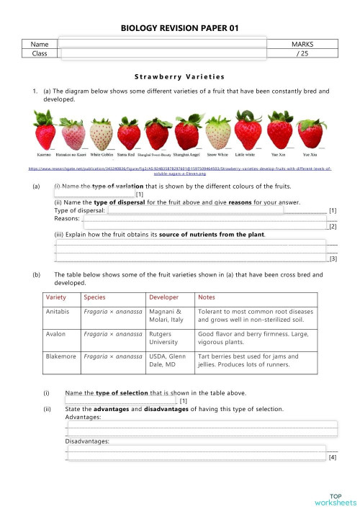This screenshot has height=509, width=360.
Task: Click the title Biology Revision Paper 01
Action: click(179, 29)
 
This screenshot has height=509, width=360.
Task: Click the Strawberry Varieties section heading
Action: click(179, 76)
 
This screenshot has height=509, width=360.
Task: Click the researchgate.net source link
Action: click(179, 171)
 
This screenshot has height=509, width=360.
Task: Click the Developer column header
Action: click(163, 297)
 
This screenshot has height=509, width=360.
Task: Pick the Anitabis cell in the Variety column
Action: click(56, 313)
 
